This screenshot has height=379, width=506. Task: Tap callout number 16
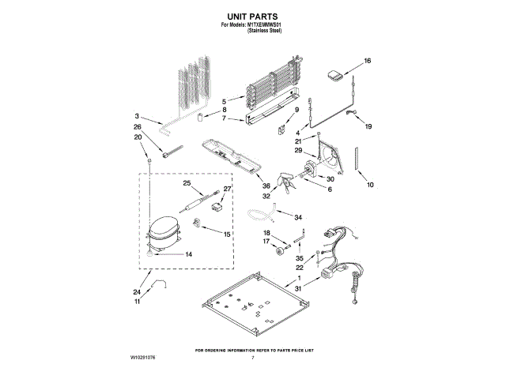[x=367, y=61]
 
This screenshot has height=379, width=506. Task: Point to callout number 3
[x=138, y=115]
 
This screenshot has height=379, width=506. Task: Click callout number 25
[x=187, y=184]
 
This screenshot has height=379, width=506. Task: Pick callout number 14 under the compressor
[x=189, y=254]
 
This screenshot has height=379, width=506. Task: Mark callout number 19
[x=368, y=126]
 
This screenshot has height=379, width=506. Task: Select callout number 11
[x=137, y=302]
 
